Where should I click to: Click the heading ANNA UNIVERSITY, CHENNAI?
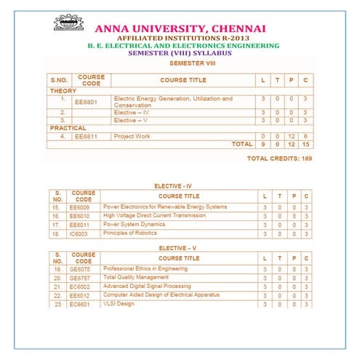(x=179, y=28)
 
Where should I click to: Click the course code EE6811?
(x=89, y=136)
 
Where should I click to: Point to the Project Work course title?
(x=132, y=136)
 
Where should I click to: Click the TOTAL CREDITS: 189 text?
(x=279, y=158)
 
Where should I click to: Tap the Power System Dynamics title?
(x=137, y=225)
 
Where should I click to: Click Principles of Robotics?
(x=135, y=233)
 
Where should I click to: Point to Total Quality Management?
(x=136, y=278)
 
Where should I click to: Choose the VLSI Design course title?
(x=119, y=304)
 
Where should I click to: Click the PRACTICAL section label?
(x=68, y=128)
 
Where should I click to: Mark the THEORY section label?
(x=63, y=91)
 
